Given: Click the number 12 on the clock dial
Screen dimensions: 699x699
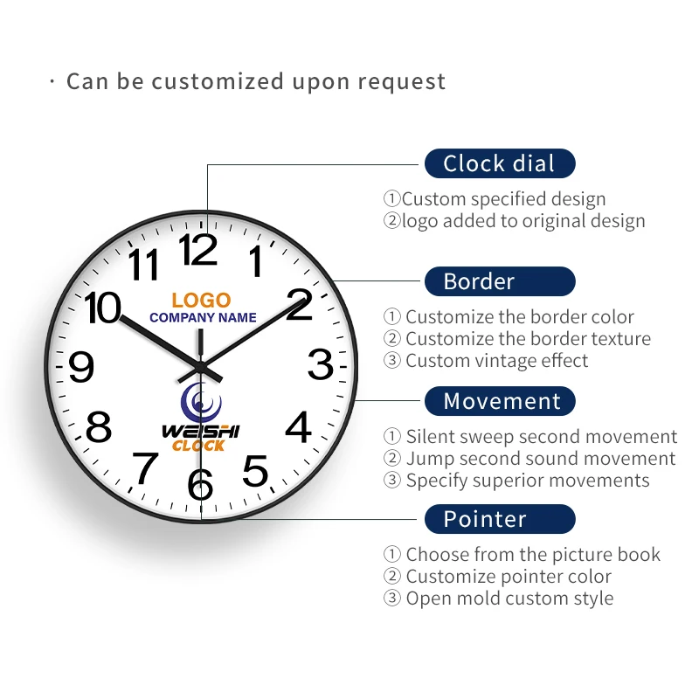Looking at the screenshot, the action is coord(199,251).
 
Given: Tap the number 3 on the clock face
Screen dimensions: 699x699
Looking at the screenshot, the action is coord(321,364).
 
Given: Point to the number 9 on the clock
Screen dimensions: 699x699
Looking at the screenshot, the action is coord(80,367).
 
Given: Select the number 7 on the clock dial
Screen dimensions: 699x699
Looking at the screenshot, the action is coord(145,467).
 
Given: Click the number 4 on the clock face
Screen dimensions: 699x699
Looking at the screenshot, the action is coord(299,428).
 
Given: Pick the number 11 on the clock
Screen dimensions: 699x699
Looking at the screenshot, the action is coord(144,264).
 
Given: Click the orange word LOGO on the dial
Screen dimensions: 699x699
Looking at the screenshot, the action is coord(201,300).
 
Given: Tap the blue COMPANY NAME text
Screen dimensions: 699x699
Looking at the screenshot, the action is coord(203,317).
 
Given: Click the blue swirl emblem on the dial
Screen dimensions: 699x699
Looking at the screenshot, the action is coord(201,403).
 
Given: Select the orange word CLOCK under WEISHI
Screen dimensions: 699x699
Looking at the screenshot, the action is coord(198,446).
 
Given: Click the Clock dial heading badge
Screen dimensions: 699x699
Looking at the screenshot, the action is coord(500,163).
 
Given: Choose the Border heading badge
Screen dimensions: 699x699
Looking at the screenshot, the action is coord(500,281).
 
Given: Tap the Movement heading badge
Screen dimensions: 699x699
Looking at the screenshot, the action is coord(500,401).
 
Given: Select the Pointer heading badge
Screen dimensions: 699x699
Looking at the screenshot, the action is coord(500,519).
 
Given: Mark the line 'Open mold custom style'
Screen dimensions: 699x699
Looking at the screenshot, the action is coord(509,599).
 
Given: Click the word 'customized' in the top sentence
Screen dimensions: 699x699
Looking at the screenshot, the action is coord(218,81).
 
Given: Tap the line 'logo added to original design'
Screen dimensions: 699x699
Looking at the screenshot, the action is coord(523,221).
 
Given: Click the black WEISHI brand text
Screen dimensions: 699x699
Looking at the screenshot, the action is coord(200,431).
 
